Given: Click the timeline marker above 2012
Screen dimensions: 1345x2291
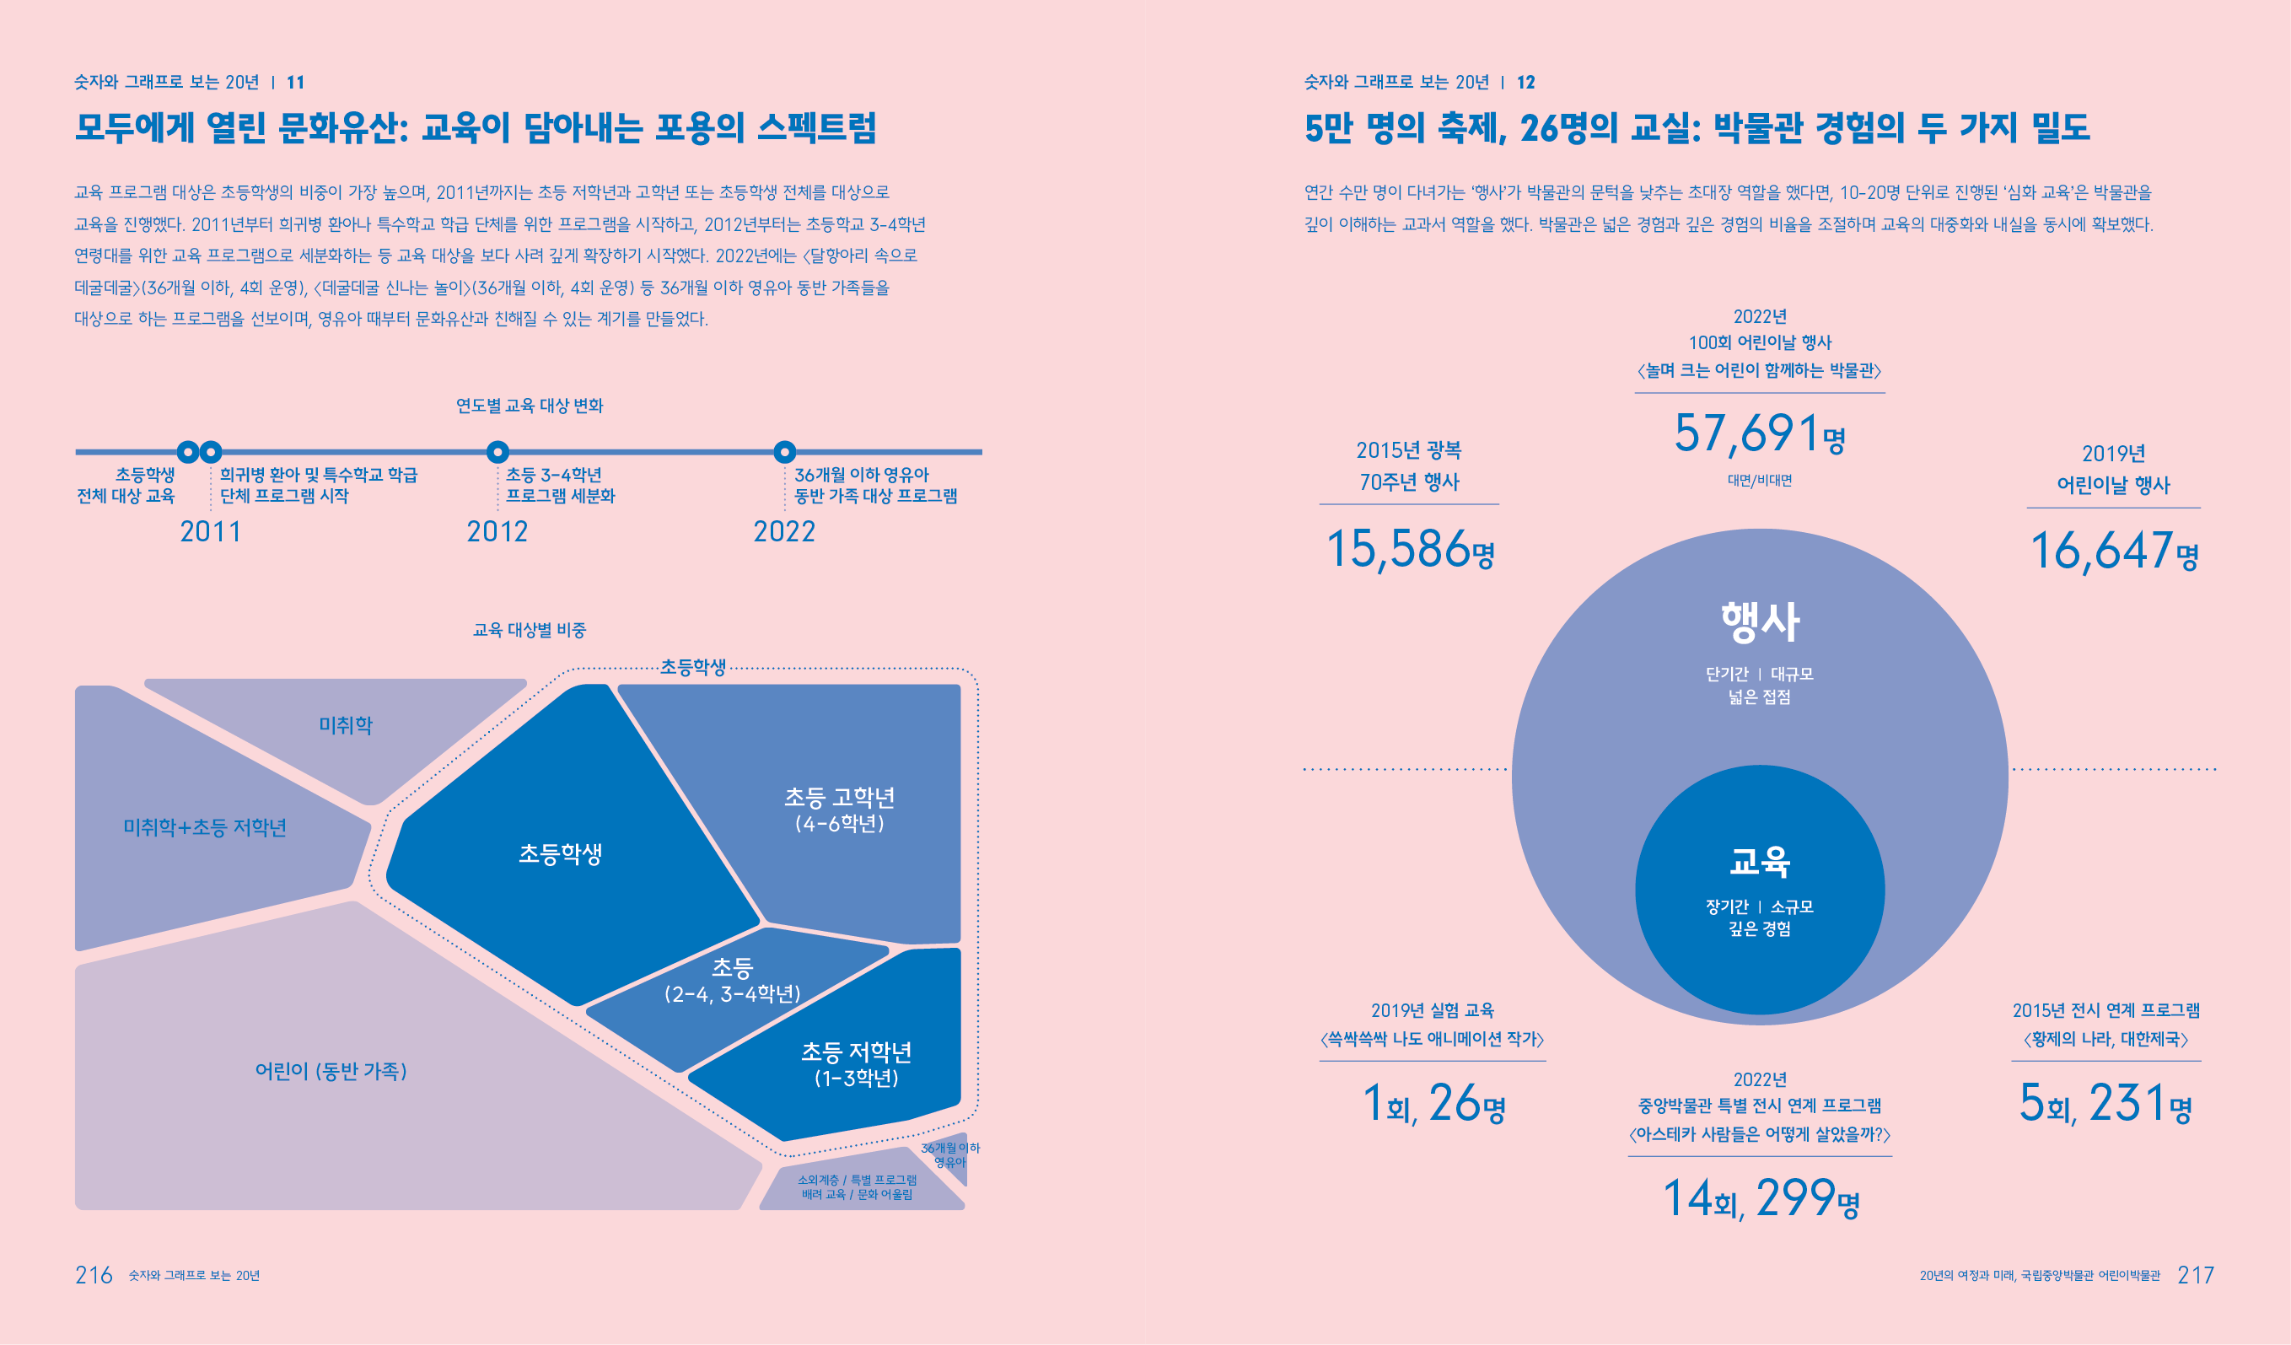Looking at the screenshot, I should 497,452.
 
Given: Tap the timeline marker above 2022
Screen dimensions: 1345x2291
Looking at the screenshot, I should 784,452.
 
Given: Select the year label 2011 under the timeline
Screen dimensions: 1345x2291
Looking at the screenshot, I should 210,532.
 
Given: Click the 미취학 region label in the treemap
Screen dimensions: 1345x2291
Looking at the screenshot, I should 346,725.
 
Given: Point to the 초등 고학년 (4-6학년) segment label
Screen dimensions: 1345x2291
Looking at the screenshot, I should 839,810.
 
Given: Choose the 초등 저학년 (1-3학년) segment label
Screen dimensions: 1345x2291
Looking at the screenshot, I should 856,1064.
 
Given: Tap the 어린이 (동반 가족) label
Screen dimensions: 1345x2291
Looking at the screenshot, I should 331,1070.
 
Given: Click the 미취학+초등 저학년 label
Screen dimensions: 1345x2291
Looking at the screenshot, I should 205,827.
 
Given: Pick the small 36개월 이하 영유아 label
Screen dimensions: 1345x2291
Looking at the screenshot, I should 950,1155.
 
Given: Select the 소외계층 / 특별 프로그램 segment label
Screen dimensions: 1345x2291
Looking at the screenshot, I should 857,1186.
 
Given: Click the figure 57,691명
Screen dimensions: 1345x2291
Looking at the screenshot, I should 1759,433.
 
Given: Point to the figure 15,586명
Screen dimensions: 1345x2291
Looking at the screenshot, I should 1409,549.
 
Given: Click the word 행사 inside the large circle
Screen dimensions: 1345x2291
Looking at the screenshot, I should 1760,623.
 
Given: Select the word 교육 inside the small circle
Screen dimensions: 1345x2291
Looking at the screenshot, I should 1760,860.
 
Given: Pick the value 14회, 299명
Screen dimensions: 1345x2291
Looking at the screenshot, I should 1760,1197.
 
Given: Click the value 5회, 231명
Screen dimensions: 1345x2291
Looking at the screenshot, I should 2105,1103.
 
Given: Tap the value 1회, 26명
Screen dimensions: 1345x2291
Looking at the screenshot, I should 1433,1103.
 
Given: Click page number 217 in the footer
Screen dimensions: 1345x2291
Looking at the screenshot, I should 2196,1275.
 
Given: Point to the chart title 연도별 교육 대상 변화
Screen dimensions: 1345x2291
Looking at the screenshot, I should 529,406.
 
